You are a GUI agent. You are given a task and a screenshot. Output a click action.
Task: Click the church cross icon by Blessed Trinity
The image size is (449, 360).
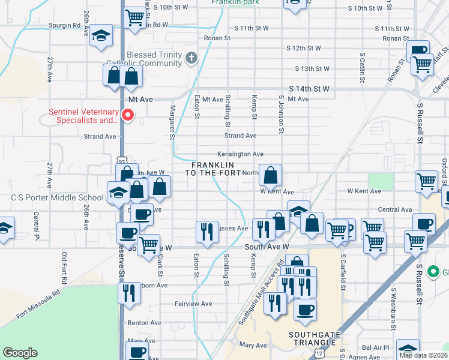point(191,58)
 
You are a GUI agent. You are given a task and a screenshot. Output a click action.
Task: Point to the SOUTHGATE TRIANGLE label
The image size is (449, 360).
point(312,338)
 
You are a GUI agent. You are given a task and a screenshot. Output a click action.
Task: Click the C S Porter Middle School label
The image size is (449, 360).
point(57,197)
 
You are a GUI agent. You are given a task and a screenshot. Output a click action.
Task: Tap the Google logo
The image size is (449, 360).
point(20,353)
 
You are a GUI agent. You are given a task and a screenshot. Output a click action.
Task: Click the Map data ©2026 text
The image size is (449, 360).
point(423,355)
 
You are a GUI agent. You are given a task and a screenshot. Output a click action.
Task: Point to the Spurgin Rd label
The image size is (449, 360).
point(65,26)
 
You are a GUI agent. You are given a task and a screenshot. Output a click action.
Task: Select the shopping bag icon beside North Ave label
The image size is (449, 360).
point(271,175)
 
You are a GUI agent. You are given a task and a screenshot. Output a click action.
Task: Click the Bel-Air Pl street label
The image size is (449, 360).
point(376,347)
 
